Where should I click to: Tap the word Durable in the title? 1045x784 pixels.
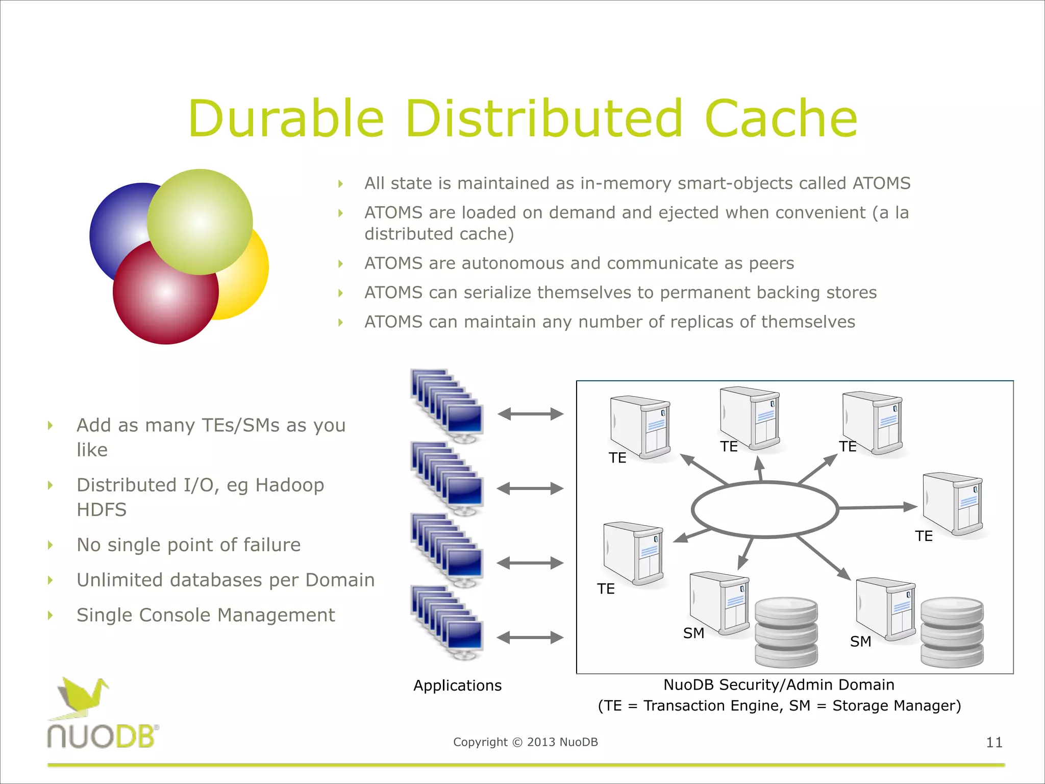[286, 118]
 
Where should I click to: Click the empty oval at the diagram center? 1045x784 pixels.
[764, 509]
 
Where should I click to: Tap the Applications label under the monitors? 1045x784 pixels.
[457, 685]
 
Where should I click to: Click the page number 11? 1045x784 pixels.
[994, 742]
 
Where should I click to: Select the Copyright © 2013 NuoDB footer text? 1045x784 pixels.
[525, 742]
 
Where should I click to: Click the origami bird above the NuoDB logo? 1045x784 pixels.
[82, 697]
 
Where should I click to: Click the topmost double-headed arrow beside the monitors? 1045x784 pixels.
[530, 414]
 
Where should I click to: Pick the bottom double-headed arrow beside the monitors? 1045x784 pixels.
[530, 638]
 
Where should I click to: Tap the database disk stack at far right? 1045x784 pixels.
[952, 633]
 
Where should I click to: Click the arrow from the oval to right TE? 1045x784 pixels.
[878, 507]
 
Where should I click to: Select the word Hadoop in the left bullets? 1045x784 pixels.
[289, 485]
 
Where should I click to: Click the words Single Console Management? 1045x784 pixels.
[206, 615]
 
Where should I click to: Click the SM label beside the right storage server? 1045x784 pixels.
[860, 642]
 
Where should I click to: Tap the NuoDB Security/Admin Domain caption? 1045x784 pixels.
[779, 684]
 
